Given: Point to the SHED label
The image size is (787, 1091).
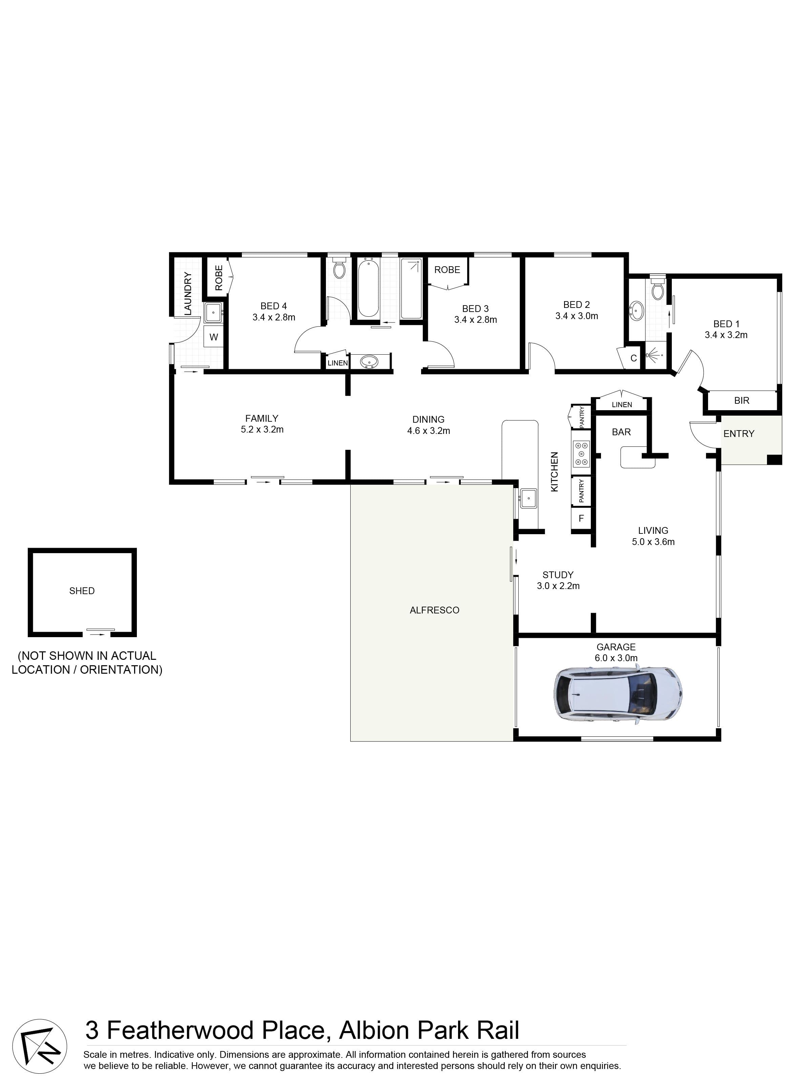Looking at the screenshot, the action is [x=82, y=591].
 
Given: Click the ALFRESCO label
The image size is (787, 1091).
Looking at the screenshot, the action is [x=434, y=610].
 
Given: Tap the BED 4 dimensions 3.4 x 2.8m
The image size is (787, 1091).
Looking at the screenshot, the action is [x=274, y=317].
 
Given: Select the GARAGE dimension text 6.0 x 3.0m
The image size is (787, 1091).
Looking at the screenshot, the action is [x=616, y=658].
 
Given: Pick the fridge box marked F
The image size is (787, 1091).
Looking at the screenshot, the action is [x=581, y=519].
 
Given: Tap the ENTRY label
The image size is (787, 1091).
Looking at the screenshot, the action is [x=739, y=434].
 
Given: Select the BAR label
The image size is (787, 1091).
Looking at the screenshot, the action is [x=621, y=432].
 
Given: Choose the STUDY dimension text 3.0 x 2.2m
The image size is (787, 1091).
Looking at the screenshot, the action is [x=558, y=586].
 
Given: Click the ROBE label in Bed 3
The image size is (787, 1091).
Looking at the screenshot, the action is [x=447, y=270].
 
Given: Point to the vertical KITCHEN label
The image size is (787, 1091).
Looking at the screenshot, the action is [x=555, y=471].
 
